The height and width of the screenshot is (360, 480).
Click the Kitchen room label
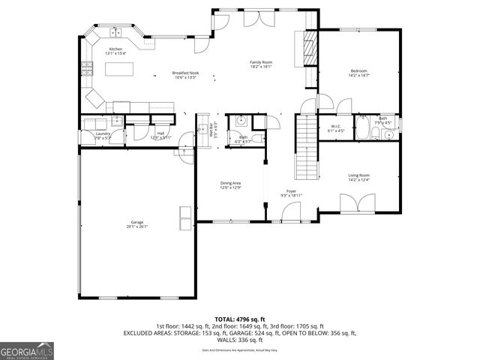click(x=115, y=49)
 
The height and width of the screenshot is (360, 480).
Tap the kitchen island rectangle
click(x=122, y=70)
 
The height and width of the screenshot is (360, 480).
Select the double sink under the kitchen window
click(x=116, y=32)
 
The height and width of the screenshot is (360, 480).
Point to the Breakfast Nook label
click(x=184, y=73)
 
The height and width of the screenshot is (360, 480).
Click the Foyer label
click(x=291, y=192)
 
